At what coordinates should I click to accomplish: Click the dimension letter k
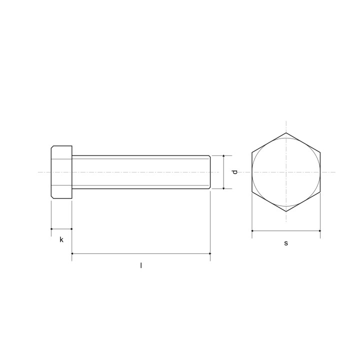click(61, 239)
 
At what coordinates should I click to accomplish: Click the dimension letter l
click(141, 265)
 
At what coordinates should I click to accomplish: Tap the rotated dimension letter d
click(234, 172)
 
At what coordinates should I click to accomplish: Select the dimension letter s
click(286, 243)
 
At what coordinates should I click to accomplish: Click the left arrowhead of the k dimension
click(51, 229)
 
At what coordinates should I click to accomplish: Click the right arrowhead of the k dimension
click(71, 229)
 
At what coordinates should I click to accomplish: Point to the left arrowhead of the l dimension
click(72, 253)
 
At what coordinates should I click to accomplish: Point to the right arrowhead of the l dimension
click(209, 253)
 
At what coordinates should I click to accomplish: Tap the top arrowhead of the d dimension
click(223, 156)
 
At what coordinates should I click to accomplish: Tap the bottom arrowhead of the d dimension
click(223, 188)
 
